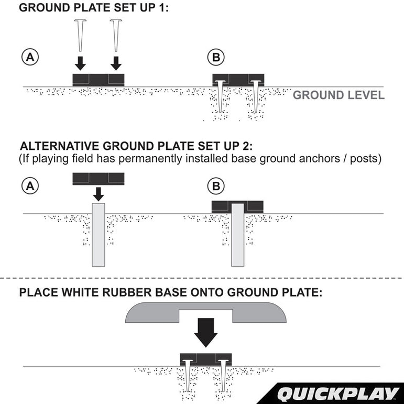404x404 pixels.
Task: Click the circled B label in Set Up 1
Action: [215, 58]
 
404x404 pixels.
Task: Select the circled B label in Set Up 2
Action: [215, 185]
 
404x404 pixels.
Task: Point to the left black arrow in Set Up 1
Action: [80, 63]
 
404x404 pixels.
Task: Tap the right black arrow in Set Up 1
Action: [116, 63]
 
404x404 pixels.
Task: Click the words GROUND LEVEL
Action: [338, 95]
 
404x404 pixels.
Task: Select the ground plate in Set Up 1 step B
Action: [238, 79]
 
